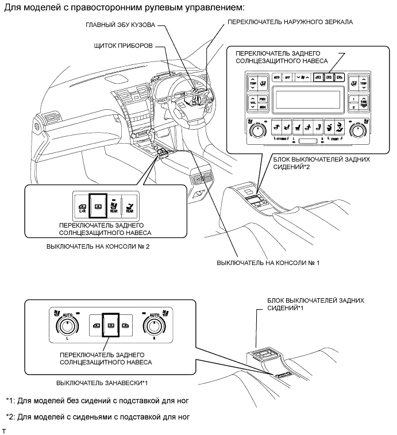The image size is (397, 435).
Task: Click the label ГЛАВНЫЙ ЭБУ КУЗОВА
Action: click(x=120, y=26)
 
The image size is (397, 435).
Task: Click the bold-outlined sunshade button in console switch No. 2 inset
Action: click(x=99, y=205)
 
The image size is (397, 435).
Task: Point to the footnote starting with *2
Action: click(x=97, y=415)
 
